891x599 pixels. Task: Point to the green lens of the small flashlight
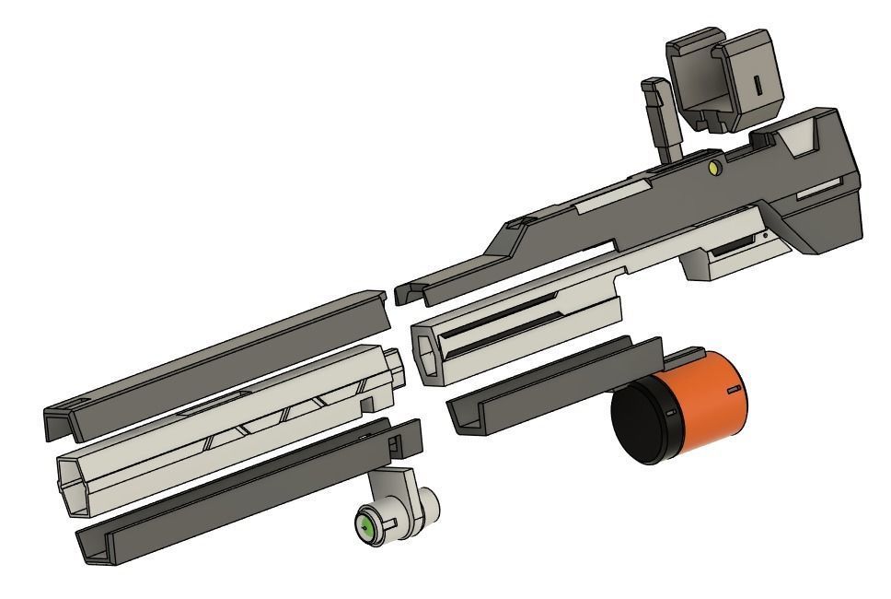(365, 528)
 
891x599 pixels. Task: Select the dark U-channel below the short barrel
(552, 382)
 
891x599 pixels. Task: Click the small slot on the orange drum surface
(733, 391)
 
